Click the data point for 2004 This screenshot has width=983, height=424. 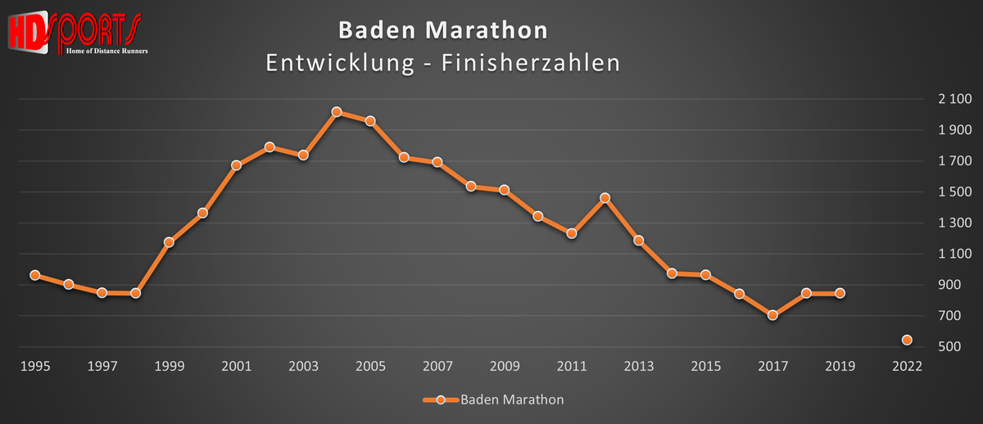pyautogui.click(x=337, y=112)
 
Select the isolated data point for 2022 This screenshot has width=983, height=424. pyautogui.click(x=907, y=340)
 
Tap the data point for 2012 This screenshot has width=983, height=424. pyautogui.click(x=605, y=198)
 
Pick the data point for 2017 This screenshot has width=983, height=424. pyautogui.click(x=772, y=315)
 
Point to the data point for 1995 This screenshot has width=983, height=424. pyautogui.click(x=35, y=275)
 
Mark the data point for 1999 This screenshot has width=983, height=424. pyautogui.click(x=169, y=242)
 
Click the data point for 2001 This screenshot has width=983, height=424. pyautogui.click(x=236, y=165)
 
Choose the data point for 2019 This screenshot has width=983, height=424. pyautogui.click(x=840, y=293)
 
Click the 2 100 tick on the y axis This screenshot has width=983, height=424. pyautogui.click(x=954, y=100)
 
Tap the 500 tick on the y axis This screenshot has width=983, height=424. pyautogui.click(x=960, y=347)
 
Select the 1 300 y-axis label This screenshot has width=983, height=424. pyautogui.click(x=954, y=223)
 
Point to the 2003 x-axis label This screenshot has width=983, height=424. pyautogui.click(x=303, y=367)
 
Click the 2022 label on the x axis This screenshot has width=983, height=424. pyautogui.click(x=907, y=367)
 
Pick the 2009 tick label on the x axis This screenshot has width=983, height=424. pyautogui.click(x=505, y=367)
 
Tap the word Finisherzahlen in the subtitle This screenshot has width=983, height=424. pyautogui.click(x=532, y=63)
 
